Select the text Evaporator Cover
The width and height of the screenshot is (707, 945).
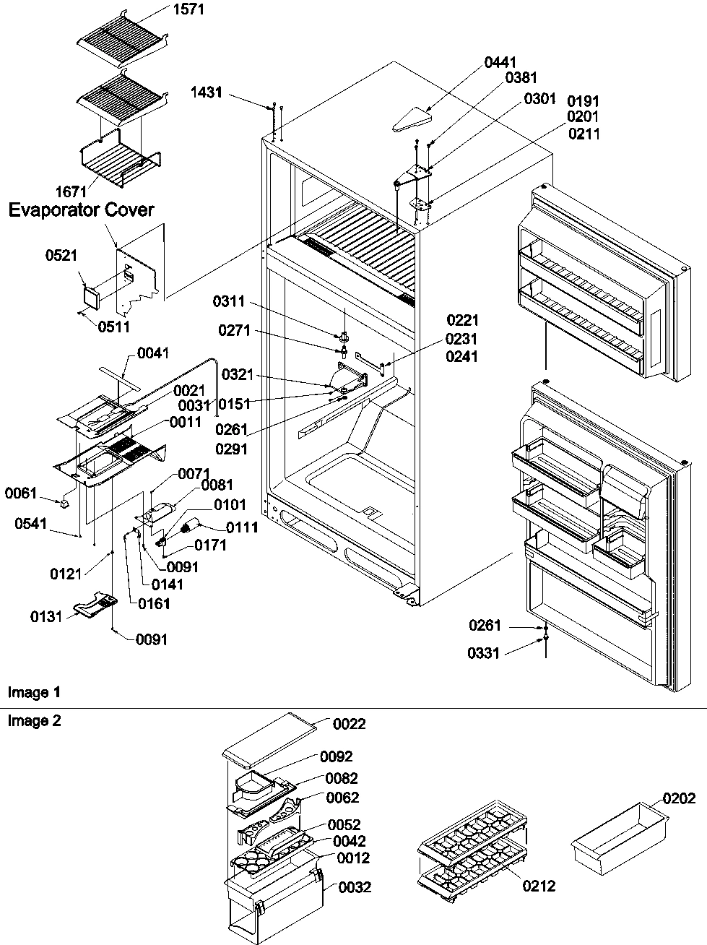tap(81, 210)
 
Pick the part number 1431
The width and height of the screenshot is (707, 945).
tap(207, 92)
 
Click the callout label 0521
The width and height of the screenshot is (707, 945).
tap(61, 255)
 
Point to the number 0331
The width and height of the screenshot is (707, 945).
tap(485, 653)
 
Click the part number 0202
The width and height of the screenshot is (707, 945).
tap(680, 798)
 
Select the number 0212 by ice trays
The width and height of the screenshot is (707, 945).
tap(539, 886)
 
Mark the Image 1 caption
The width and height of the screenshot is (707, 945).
tap(34, 693)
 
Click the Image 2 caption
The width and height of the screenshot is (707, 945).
tap(34, 720)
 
